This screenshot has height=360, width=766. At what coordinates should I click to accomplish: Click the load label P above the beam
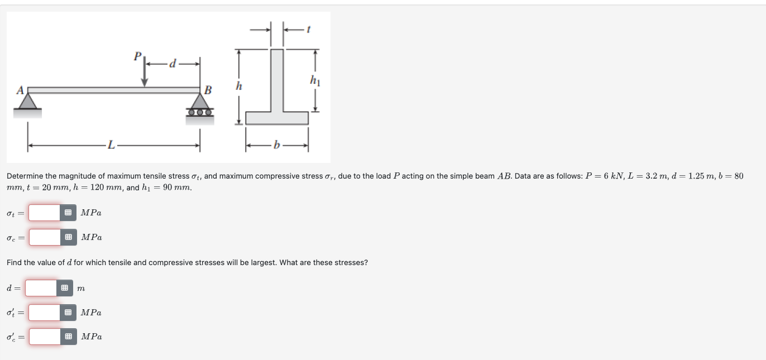137,56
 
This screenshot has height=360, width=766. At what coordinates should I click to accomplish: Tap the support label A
20,90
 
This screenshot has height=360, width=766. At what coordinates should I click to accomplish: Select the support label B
208,89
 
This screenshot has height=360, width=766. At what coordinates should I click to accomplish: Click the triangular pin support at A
28,101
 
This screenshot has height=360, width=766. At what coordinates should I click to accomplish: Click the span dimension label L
112,146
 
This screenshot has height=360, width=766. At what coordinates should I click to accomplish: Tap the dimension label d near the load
172,64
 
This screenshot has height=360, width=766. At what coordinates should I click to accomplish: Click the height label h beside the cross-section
239,87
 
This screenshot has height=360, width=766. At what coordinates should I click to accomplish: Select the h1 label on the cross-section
315,81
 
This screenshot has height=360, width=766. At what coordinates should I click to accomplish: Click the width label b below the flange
276,147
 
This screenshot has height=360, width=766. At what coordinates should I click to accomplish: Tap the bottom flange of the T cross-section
277,118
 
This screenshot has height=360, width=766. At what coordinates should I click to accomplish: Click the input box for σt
45,213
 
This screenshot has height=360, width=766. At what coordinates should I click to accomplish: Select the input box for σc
45,237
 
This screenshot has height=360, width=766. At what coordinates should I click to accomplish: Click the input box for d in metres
41,288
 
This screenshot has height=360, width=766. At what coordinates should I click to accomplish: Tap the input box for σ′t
45,313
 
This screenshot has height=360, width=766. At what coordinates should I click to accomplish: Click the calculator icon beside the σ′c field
68,337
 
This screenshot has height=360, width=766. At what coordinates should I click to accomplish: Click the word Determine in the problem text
25,176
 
